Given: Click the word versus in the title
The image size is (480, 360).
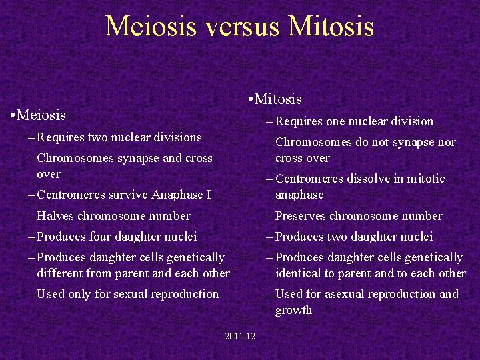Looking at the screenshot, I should click(242, 26).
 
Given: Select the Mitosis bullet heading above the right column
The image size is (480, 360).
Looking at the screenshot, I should click(279, 99).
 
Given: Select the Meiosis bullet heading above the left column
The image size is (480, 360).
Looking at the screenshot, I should click(42, 115).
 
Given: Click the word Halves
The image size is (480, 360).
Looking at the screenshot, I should click(55, 216).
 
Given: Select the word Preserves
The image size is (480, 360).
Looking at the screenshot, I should click(301, 216).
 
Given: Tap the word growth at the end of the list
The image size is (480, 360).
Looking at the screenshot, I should click(293, 310).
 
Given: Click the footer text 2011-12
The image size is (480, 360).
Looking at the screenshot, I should click(240, 336).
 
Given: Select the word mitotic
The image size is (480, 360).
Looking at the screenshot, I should click(424, 179).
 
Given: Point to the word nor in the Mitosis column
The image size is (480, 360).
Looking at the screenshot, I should click(446, 142).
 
